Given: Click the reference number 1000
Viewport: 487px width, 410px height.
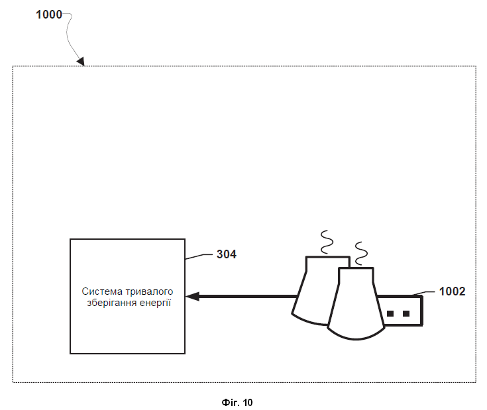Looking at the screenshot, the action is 49,15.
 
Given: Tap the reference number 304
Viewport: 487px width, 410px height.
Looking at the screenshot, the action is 227,254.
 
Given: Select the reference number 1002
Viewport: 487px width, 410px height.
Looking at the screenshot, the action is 452,291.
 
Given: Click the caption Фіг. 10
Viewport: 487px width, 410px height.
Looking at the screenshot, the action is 237,403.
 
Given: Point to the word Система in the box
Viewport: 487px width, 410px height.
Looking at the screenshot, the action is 102,291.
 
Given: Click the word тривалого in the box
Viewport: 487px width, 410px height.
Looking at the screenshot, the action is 149,291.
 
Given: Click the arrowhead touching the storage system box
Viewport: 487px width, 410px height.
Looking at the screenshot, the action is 192,296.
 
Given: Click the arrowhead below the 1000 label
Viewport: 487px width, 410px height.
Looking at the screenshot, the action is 81,61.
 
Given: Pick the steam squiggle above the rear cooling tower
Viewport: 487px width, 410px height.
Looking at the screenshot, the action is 327,242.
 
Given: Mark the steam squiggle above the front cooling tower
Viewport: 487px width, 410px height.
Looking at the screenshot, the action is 361,254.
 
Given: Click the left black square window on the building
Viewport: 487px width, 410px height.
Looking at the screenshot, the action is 390,313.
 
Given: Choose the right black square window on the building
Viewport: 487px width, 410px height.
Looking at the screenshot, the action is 406,313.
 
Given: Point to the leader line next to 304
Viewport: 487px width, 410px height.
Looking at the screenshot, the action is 199,256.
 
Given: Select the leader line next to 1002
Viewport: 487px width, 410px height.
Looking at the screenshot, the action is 424,293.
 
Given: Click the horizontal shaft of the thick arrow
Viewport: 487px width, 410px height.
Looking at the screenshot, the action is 248,296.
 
